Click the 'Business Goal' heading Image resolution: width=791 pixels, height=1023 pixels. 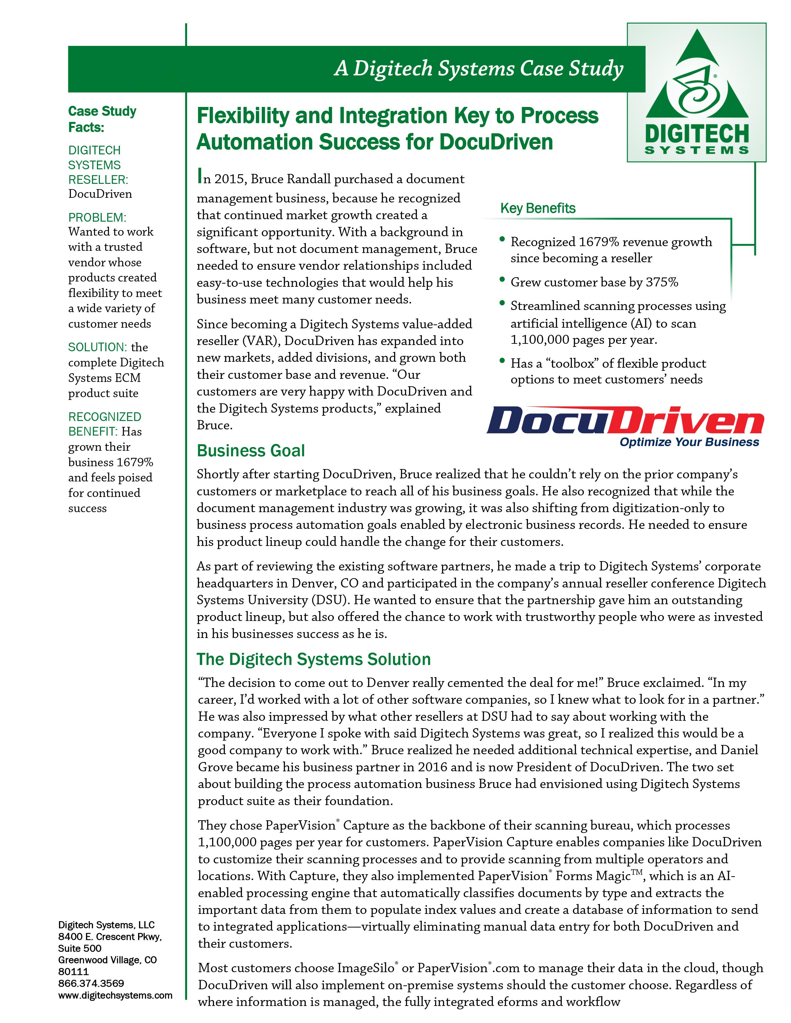pyautogui.click(x=251, y=451)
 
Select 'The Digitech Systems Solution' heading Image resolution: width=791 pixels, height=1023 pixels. pyautogui.click(x=313, y=659)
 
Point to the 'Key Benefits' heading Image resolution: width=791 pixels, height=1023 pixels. pyautogui.click(x=538, y=208)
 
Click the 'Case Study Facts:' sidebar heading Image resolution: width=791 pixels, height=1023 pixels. pyautogui.click(x=102, y=119)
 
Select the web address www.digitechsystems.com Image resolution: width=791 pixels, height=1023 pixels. pyautogui.click(x=115, y=995)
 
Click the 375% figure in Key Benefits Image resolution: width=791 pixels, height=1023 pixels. pyautogui.click(x=662, y=282)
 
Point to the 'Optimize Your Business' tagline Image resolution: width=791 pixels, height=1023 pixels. pyautogui.click(x=689, y=442)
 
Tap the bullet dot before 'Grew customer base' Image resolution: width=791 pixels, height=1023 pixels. pyautogui.click(x=502, y=281)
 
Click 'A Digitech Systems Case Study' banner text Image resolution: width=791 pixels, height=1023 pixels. pyautogui.click(x=478, y=69)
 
